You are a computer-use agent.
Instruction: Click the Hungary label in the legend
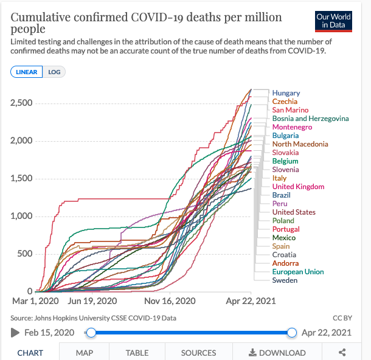click(x=286, y=93)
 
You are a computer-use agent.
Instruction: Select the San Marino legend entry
click(x=290, y=110)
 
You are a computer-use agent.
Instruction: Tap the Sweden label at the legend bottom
click(x=285, y=280)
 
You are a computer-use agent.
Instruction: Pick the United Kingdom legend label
click(x=298, y=187)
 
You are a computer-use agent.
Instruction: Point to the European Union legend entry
click(x=298, y=272)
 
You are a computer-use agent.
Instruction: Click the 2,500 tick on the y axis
click(x=21, y=103)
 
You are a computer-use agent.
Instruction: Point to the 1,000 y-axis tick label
click(x=21, y=216)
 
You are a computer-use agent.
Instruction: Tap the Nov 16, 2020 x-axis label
click(x=170, y=300)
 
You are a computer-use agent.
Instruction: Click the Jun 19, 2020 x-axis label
click(x=92, y=300)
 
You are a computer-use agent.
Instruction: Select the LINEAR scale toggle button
click(x=26, y=72)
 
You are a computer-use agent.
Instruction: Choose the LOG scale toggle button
click(x=54, y=72)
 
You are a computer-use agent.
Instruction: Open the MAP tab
click(x=85, y=353)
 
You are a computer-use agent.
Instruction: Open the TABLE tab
click(x=137, y=353)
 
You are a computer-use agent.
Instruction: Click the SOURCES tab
click(x=198, y=353)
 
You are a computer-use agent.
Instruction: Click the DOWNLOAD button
click(x=277, y=353)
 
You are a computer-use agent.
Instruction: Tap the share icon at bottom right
click(x=342, y=353)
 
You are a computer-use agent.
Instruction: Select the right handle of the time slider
click(x=291, y=332)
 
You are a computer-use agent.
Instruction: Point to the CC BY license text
click(x=342, y=318)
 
